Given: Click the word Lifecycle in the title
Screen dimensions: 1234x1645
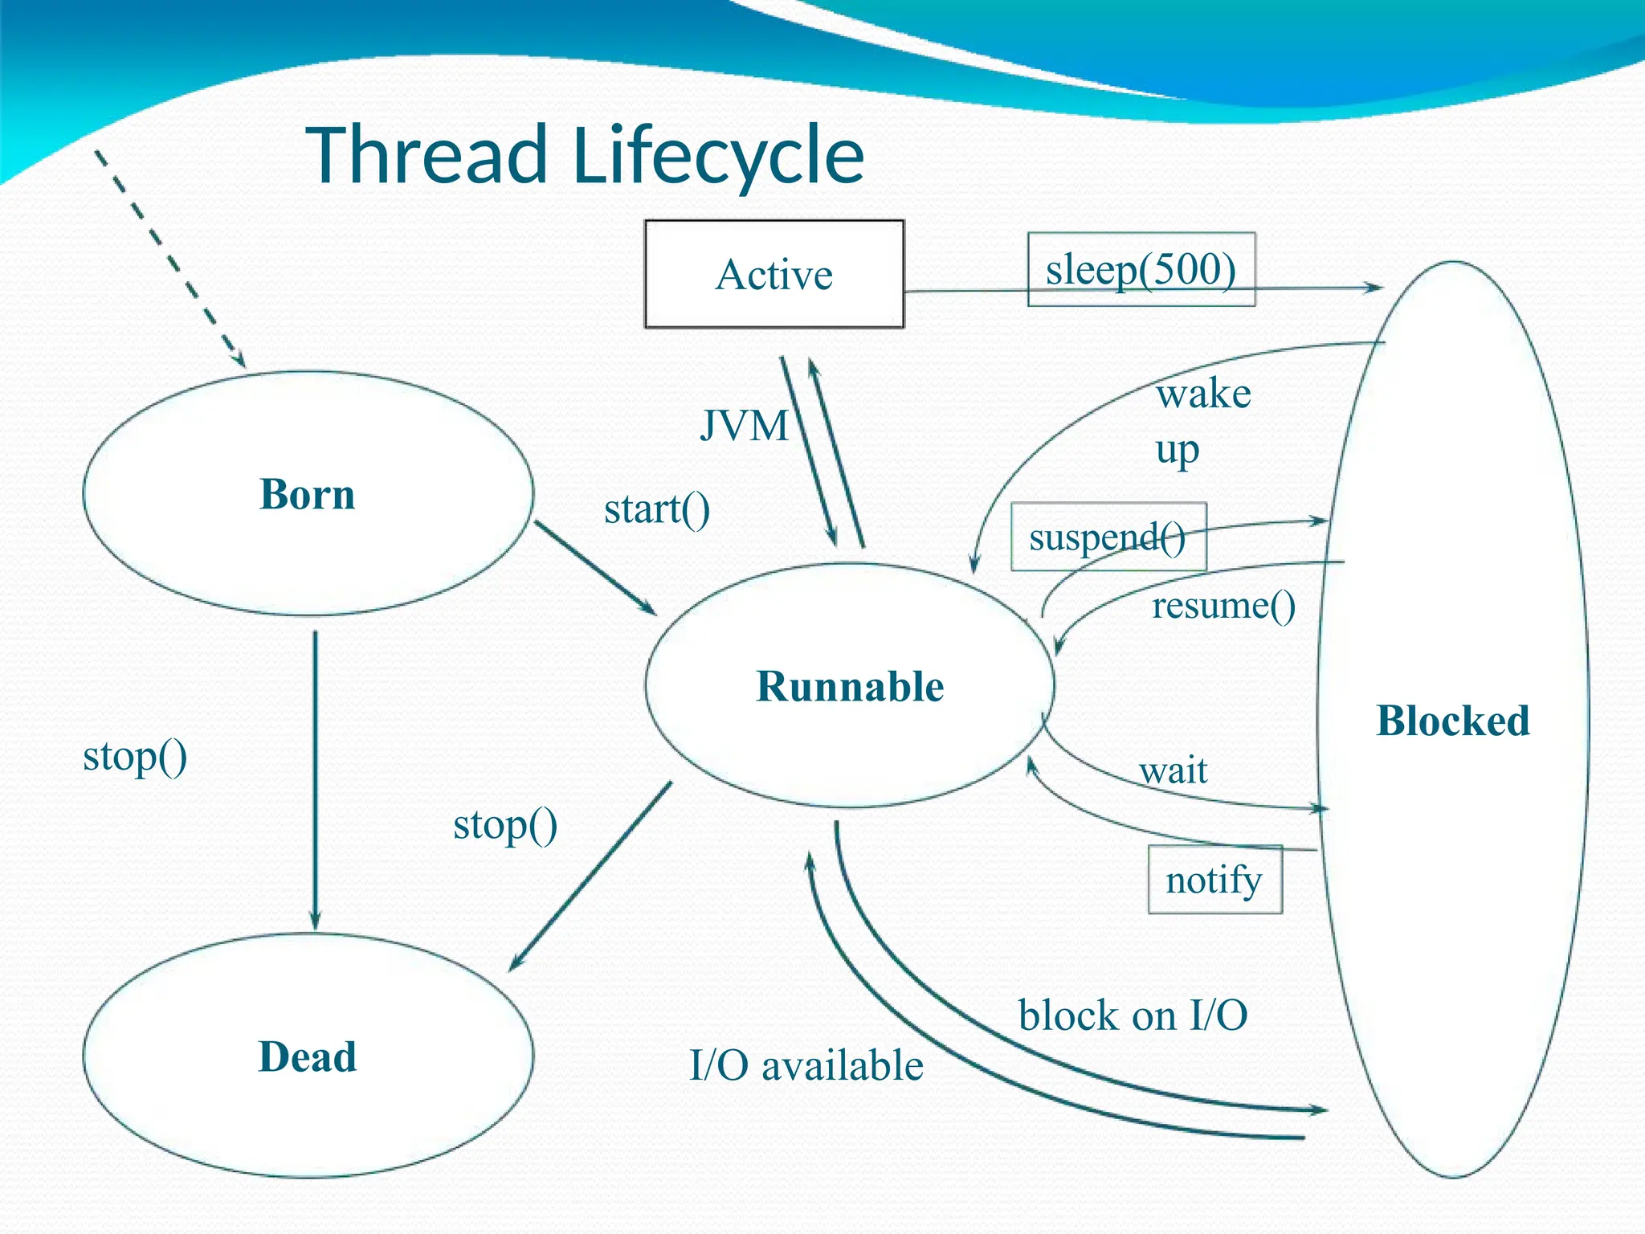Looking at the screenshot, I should click(x=719, y=155).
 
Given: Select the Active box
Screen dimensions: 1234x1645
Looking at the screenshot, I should click(x=774, y=274).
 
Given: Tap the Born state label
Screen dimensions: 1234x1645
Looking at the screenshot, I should click(x=307, y=493).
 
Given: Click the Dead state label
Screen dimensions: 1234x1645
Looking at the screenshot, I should click(x=307, y=1056).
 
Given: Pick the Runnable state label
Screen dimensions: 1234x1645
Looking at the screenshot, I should click(x=850, y=686).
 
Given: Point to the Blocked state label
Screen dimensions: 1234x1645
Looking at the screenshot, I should click(x=1452, y=720).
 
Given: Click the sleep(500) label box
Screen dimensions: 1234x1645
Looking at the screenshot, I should click(x=1141, y=269).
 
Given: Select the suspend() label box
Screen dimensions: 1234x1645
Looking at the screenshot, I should click(x=1108, y=537).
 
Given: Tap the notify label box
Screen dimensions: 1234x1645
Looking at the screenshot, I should click(x=1214, y=879).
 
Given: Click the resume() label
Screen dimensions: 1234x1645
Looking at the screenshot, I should click(x=1223, y=605).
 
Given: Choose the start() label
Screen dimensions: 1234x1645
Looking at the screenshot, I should click(x=656, y=509).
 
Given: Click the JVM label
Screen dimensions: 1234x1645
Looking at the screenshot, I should click(x=744, y=425).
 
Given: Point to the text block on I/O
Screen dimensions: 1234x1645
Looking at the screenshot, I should click(x=1133, y=1015).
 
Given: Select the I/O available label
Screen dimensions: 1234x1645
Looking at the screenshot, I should click(x=806, y=1065).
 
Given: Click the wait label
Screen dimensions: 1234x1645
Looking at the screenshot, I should click(x=1173, y=770).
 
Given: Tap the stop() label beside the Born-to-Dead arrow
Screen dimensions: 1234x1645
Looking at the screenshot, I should click(x=135, y=756).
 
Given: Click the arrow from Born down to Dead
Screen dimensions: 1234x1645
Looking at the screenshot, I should click(x=315, y=779).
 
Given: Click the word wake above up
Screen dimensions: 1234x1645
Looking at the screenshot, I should click(x=1203, y=394).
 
